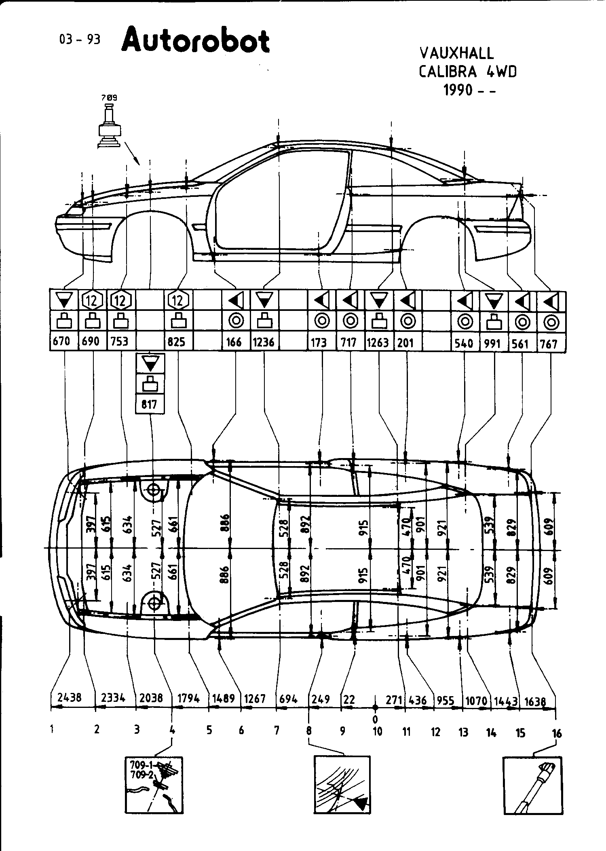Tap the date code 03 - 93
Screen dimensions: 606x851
80,39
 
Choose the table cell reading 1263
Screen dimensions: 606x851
378,343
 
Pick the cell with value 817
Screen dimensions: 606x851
150,404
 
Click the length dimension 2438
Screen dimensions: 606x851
70,698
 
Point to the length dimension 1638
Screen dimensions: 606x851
535,701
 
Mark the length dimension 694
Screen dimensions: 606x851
288,699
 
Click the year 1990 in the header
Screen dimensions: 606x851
458,90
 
